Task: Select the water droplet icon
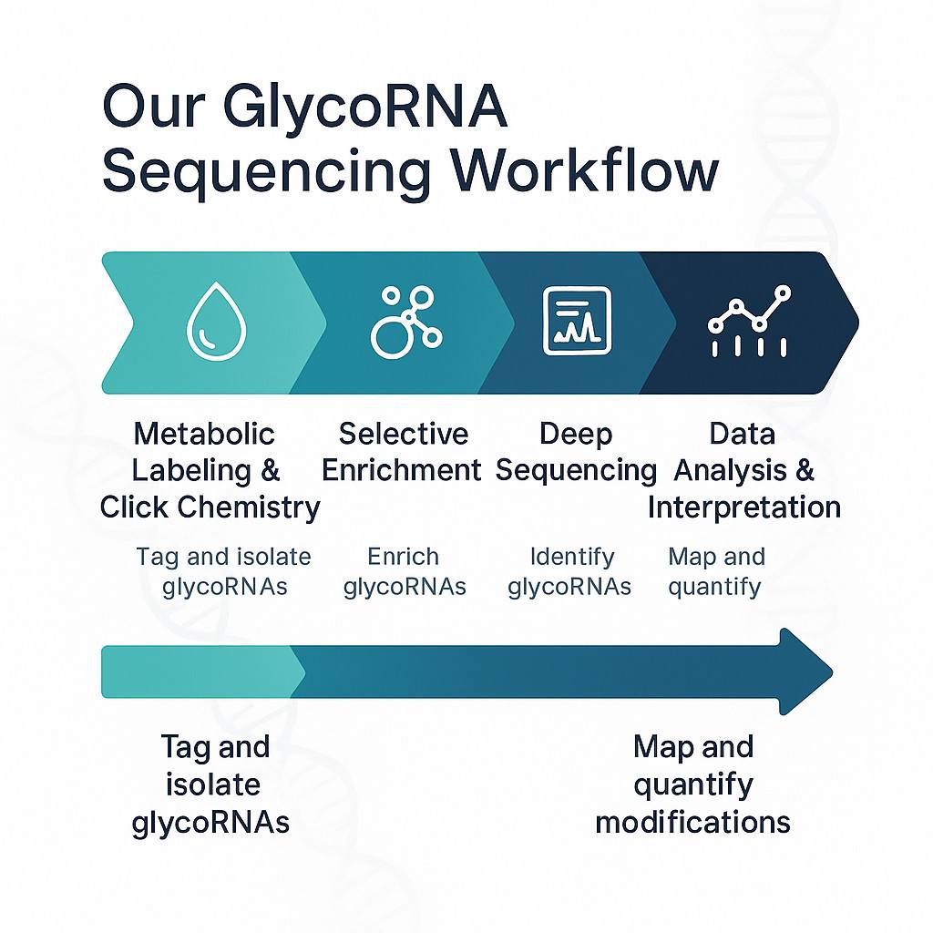(x=210, y=322)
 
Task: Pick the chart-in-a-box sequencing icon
(x=577, y=322)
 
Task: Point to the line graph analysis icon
(x=750, y=322)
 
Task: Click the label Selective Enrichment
(x=401, y=452)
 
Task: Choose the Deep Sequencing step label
(x=576, y=452)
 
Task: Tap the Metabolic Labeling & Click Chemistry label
(x=210, y=470)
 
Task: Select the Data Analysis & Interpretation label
(x=743, y=470)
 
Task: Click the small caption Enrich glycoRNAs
(x=404, y=571)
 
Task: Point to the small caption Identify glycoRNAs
(x=570, y=571)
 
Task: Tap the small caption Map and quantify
(x=716, y=571)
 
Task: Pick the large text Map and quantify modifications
(x=692, y=784)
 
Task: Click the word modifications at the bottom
(x=692, y=822)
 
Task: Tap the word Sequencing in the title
(x=265, y=171)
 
